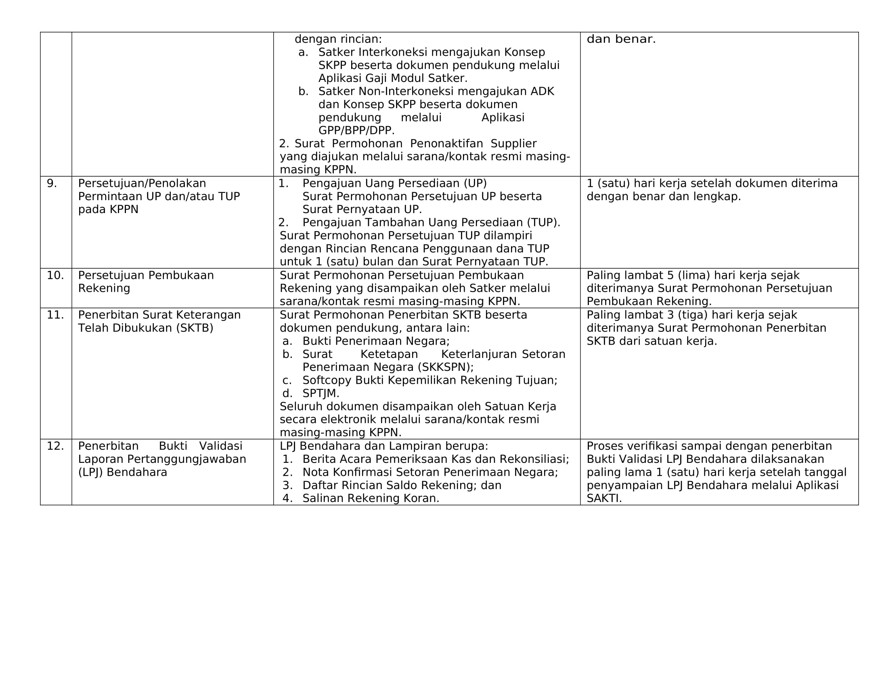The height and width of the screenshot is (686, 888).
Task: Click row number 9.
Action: point(52,183)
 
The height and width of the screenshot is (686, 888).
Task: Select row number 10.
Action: point(55,275)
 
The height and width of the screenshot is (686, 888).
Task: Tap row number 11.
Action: point(55,315)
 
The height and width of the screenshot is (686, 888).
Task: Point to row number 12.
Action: point(55,446)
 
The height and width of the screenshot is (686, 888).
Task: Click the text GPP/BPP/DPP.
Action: point(356,130)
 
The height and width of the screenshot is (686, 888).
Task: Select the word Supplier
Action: point(513,144)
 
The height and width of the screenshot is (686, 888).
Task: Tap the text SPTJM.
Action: point(320,393)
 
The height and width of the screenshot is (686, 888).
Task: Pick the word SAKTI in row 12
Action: point(604,498)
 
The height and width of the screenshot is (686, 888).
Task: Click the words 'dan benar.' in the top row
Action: point(621,39)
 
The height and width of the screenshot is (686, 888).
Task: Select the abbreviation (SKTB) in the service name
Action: point(195,328)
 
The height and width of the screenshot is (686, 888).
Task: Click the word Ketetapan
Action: point(389,354)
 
